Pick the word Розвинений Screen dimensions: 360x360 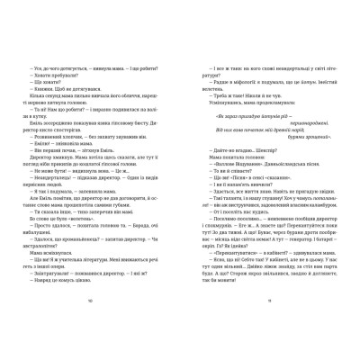(x=45, y=137)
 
